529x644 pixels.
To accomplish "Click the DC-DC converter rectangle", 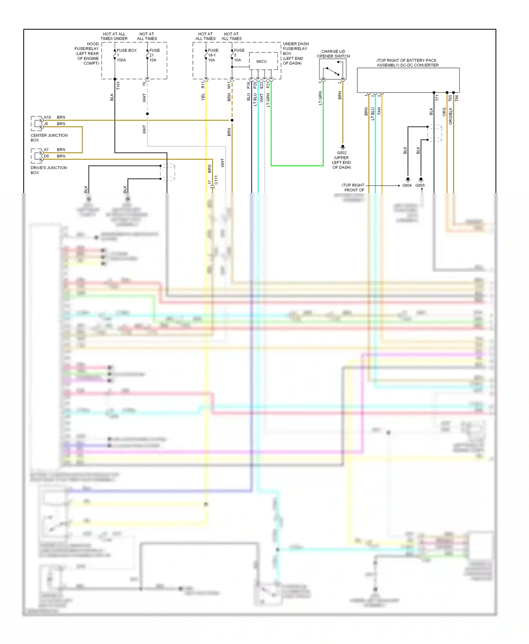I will [408, 80].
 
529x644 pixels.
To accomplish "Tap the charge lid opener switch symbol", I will [333, 69].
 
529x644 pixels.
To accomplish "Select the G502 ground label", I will [342, 153].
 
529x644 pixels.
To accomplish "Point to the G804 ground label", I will [407, 185].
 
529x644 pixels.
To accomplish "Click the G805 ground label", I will [420, 185].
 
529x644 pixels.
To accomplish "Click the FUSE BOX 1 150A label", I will [126, 55].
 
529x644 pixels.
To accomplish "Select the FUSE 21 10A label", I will [154, 55].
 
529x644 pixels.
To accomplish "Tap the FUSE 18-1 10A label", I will [213, 55].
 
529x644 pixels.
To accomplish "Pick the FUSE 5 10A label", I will [239, 55].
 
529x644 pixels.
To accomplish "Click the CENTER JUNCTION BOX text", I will [49, 137].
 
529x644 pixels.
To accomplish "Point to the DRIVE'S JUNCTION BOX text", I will [48, 170].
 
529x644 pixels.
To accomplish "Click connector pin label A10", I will [47, 117].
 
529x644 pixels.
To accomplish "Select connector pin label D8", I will [47, 156].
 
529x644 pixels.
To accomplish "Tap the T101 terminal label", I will [118, 86].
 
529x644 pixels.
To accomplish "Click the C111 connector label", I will [216, 180].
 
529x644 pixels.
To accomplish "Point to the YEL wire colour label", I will [203, 97].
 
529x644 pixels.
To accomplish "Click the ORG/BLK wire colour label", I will [450, 116].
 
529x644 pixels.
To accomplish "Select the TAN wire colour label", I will [379, 111].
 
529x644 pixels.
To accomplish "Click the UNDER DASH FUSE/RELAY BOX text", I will [295, 54].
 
